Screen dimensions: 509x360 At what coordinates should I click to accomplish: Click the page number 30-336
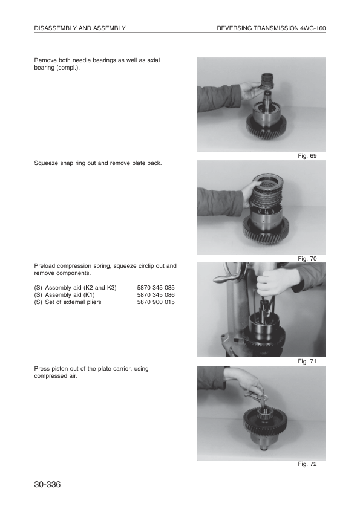click(x=49, y=485)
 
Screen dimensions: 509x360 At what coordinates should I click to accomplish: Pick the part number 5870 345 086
click(x=156, y=294)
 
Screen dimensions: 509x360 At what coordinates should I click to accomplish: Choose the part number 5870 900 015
click(x=156, y=302)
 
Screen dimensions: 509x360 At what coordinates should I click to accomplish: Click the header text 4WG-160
click(x=313, y=28)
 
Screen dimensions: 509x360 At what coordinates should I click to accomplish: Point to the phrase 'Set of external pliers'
click(x=71, y=302)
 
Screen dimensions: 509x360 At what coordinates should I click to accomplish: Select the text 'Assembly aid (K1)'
click(x=70, y=294)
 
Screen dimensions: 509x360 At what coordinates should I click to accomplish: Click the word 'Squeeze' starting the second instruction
click(x=46, y=163)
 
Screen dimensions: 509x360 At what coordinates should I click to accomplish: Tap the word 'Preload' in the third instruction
click(x=45, y=265)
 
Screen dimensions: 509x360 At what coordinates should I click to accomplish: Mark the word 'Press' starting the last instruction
click(x=42, y=368)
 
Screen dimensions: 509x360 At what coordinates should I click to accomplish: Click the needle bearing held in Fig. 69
click(x=268, y=82)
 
